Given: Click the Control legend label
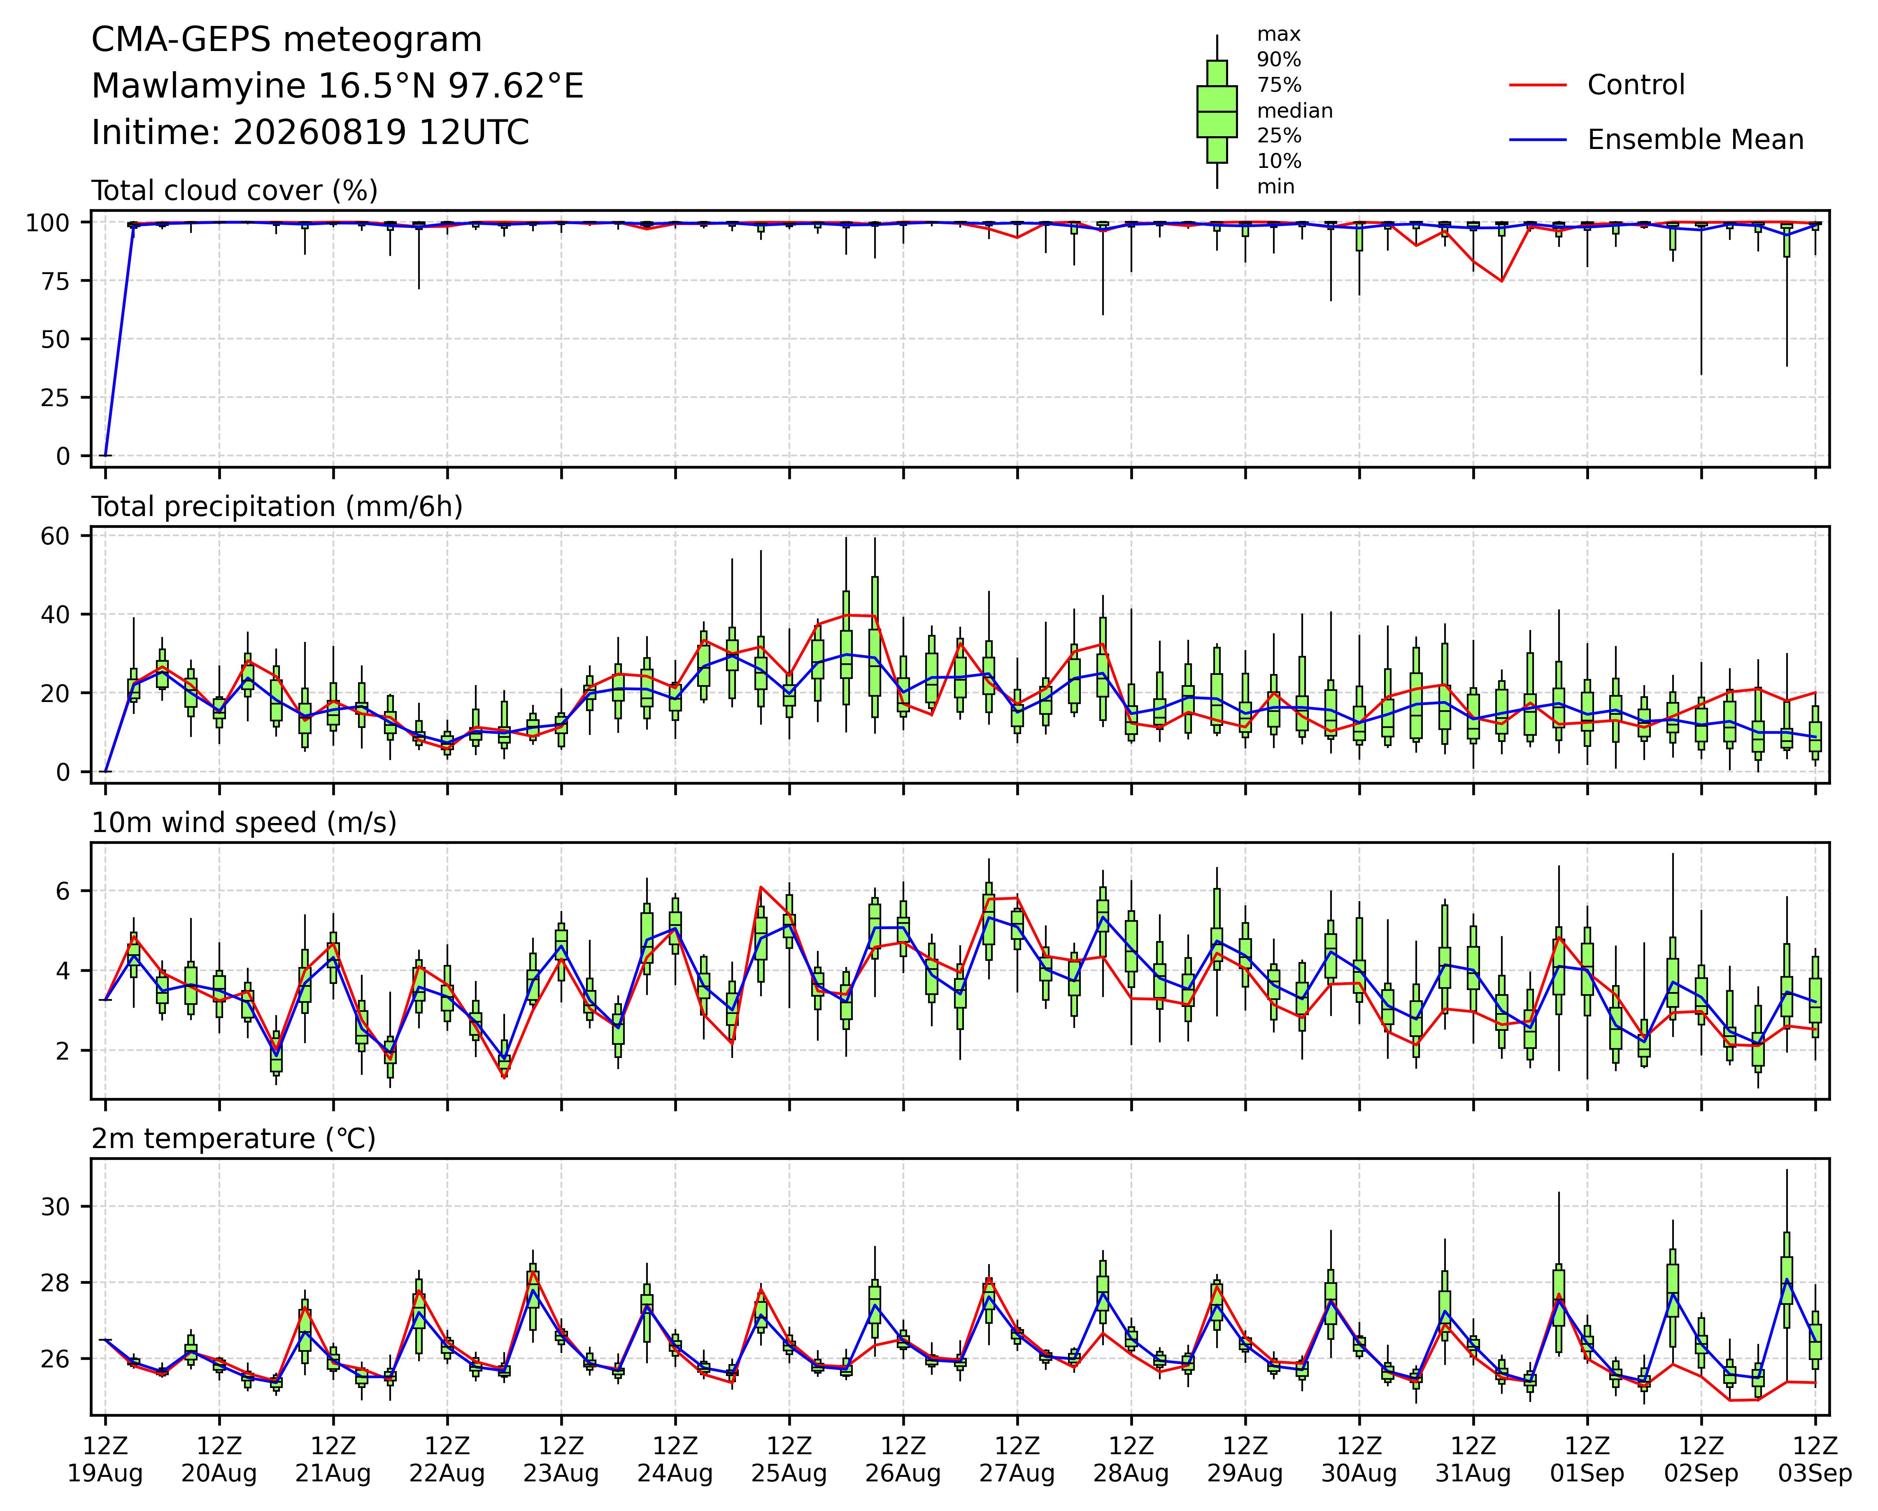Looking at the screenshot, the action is pyautogui.click(x=1636, y=84).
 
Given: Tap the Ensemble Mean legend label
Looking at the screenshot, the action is pyautogui.click(x=1695, y=139).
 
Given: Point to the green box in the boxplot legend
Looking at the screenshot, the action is pyautogui.click(x=1217, y=112).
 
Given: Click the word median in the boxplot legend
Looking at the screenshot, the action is pyautogui.click(x=1294, y=111).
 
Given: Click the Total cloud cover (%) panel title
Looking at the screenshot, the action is pyautogui.click(x=234, y=191).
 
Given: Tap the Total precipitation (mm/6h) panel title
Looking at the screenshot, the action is pyautogui.click(x=277, y=507).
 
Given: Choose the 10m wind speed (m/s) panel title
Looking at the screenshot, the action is pyautogui.click(x=244, y=823).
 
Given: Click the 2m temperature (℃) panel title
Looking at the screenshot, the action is pyautogui.click(x=233, y=1139).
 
